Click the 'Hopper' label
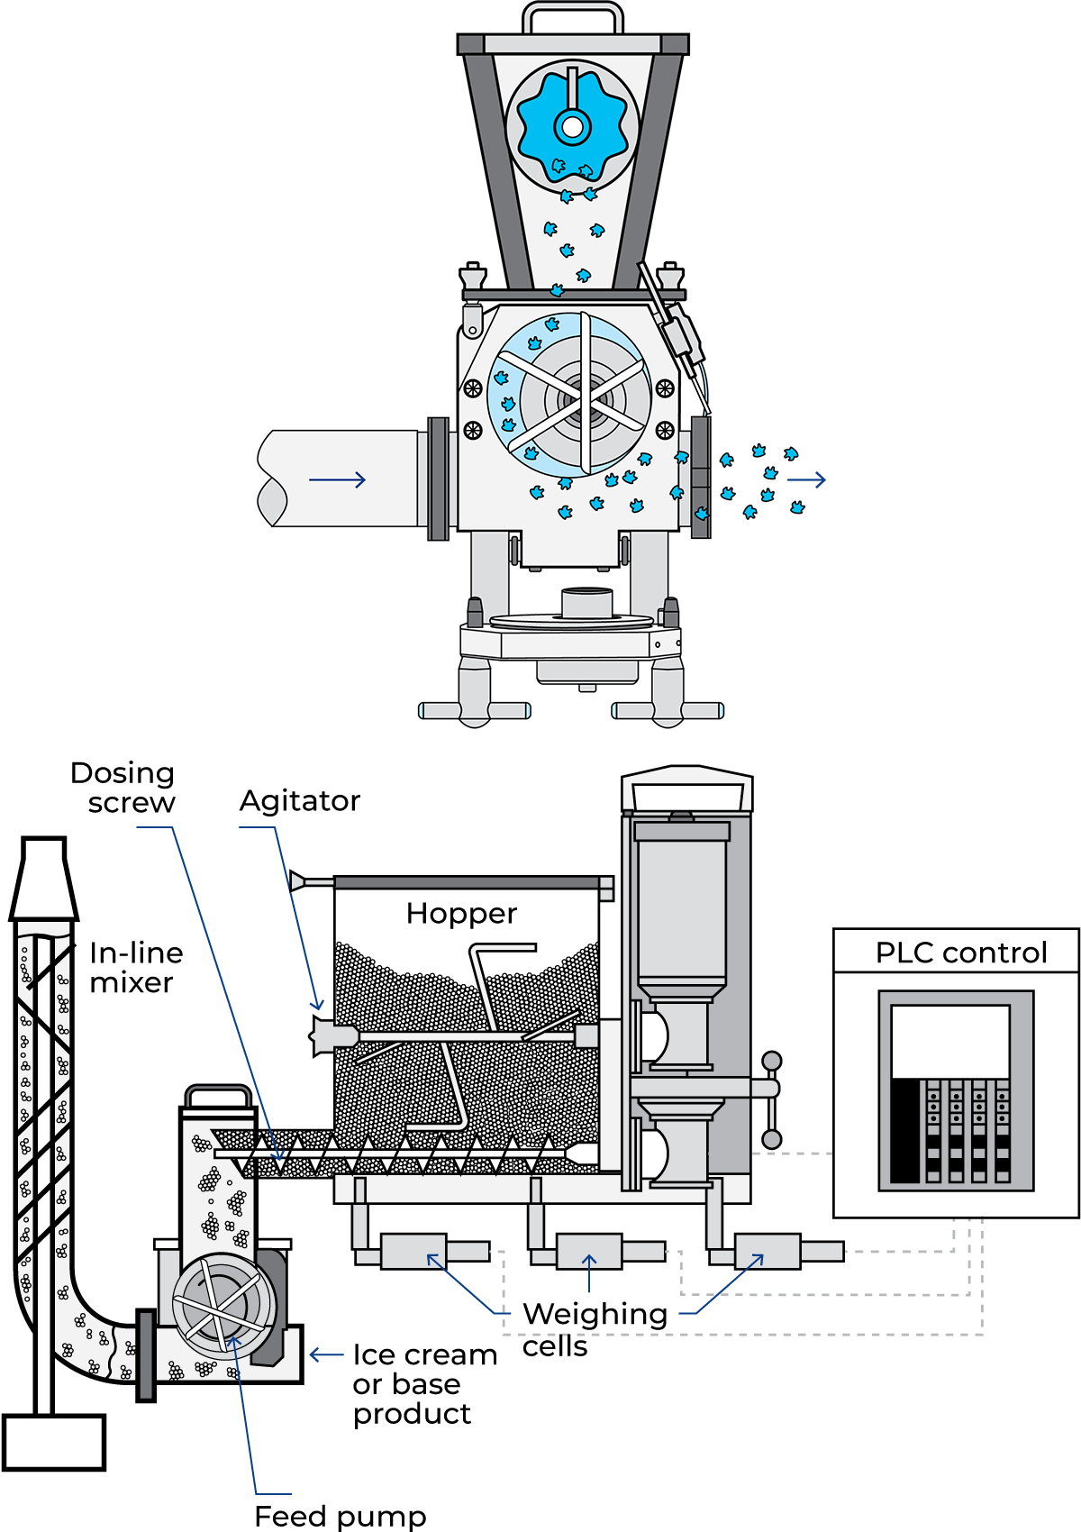[461, 914]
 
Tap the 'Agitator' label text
[299, 801]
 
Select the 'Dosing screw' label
[123, 788]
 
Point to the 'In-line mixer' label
[135, 968]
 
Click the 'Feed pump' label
[340, 1516]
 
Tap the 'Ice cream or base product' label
[423, 1384]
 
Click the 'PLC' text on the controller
[899, 953]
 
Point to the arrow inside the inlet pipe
[338, 479]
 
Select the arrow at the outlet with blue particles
[806, 479]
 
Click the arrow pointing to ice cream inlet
[325, 1354]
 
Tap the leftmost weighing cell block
[413, 1251]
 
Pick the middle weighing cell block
[589, 1251]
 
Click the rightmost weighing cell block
[768, 1251]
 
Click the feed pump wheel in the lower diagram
[223, 1302]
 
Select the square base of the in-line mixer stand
[53, 1442]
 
